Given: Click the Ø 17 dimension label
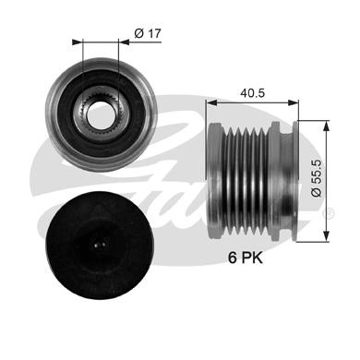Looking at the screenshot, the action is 148,33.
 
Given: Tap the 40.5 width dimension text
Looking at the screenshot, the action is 252,92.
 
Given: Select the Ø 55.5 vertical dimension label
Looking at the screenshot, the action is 317,178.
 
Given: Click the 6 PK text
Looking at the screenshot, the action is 246,258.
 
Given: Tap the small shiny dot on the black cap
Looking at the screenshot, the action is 101,246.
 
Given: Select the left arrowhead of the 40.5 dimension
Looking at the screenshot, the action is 211,103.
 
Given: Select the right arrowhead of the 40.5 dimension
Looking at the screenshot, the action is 294,103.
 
